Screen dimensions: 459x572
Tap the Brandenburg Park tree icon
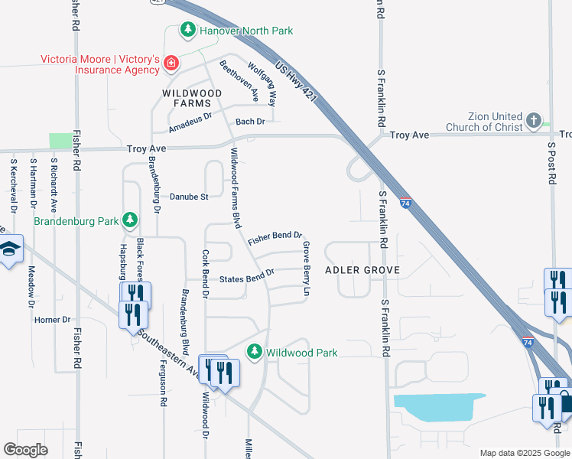click(x=130, y=221)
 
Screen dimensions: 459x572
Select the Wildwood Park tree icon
click(x=255, y=353)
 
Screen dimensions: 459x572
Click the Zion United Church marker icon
click(x=534, y=120)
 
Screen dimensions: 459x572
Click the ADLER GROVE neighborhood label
click(x=362, y=271)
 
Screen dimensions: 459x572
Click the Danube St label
click(x=189, y=197)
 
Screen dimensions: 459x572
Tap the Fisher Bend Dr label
click(x=275, y=239)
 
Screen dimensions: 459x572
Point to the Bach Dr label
click(x=250, y=122)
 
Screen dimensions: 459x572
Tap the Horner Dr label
click(x=52, y=320)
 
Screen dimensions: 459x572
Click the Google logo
click(x=25, y=450)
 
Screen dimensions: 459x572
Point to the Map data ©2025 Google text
click(x=524, y=453)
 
